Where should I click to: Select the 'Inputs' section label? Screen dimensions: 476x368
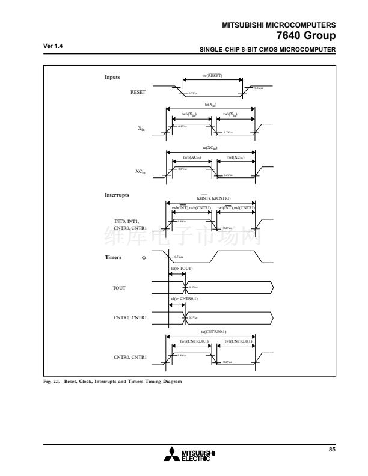pos(112,77)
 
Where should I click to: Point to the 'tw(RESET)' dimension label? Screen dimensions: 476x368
pos(212,75)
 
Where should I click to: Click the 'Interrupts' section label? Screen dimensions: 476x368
pos(117,195)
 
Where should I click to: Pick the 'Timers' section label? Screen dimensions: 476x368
pos(114,257)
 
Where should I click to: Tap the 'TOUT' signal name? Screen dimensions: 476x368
pos(119,288)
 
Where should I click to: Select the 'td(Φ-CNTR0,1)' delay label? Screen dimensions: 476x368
pos(185,299)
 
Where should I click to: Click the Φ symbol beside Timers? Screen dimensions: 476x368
pos(144,258)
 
